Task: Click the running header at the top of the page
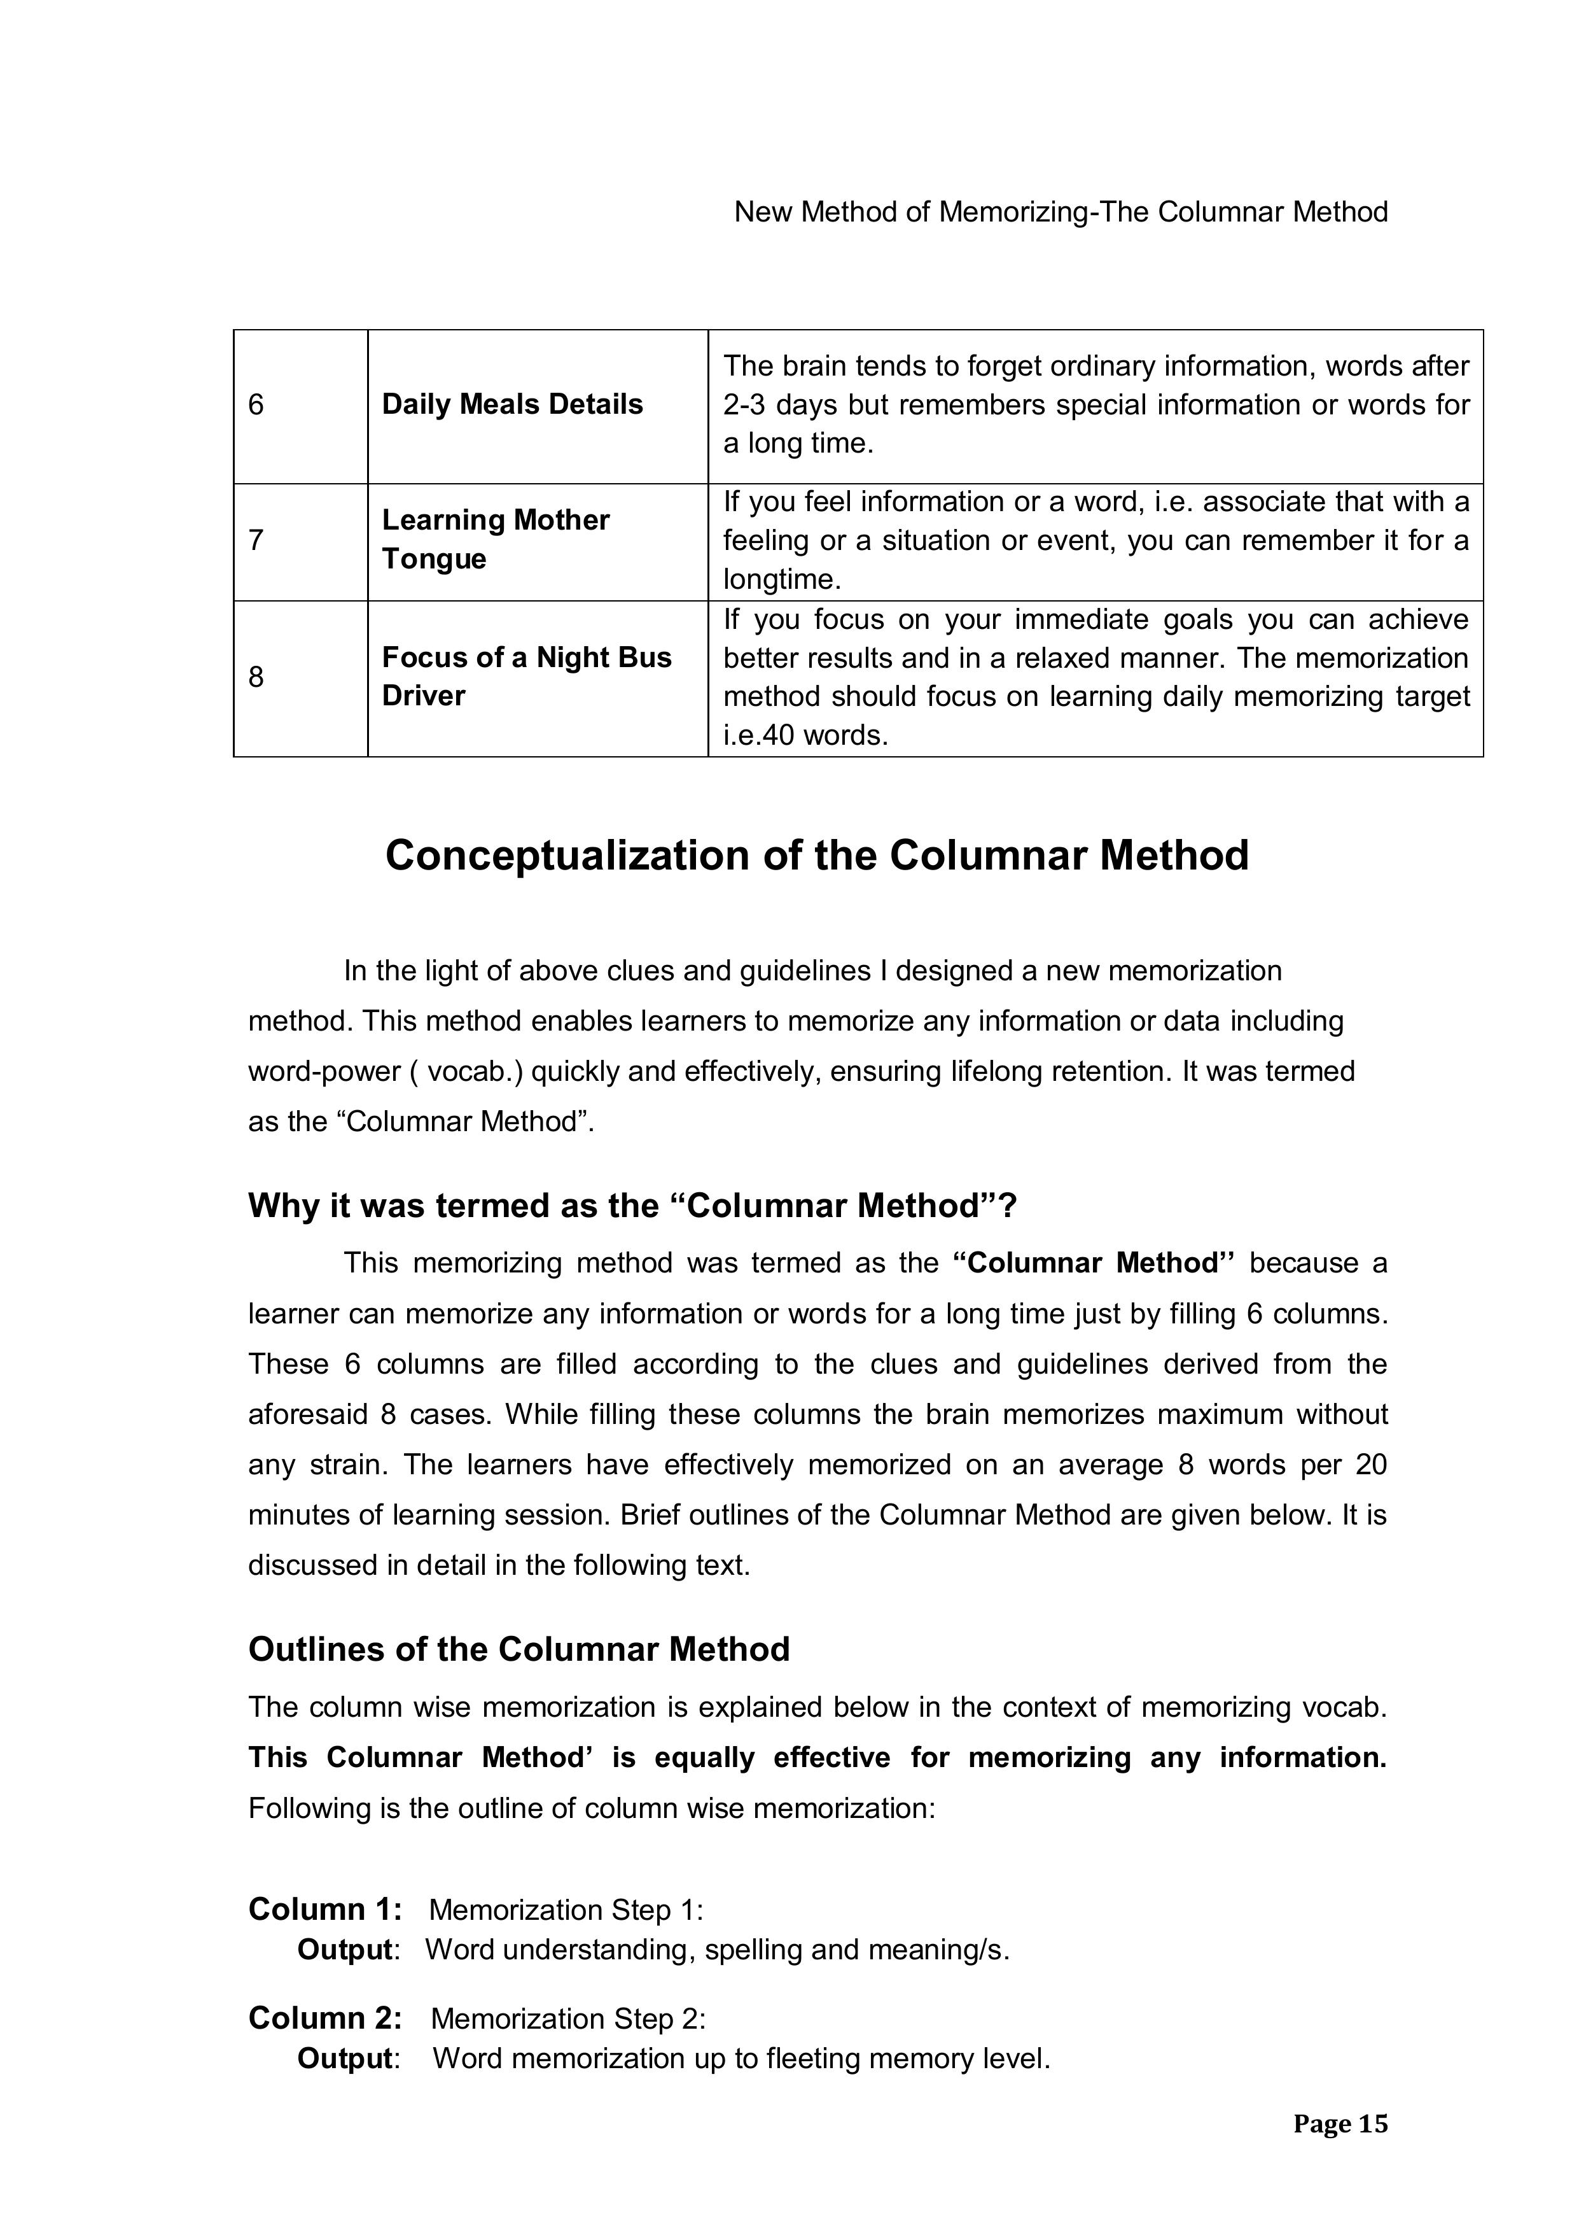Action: pyautogui.click(x=1060, y=212)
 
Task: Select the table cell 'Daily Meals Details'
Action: pyautogui.click(x=512, y=405)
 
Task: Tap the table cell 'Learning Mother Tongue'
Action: pyautogui.click(x=495, y=540)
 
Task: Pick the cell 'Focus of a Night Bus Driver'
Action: pyautogui.click(x=526, y=677)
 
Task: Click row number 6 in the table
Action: pyautogui.click(x=256, y=405)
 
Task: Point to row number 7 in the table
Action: pyautogui.click(x=256, y=540)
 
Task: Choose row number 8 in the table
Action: pyautogui.click(x=256, y=677)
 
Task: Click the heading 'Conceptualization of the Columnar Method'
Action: pyautogui.click(x=817, y=856)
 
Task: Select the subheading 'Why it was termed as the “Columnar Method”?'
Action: pyautogui.click(x=632, y=1206)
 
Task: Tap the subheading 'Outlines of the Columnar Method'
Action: pyautogui.click(x=519, y=1649)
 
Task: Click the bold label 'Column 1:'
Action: pyautogui.click(x=324, y=1909)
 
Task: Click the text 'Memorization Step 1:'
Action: pyautogui.click(x=566, y=1910)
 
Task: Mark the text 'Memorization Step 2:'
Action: pyautogui.click(x=568, y=2019)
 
